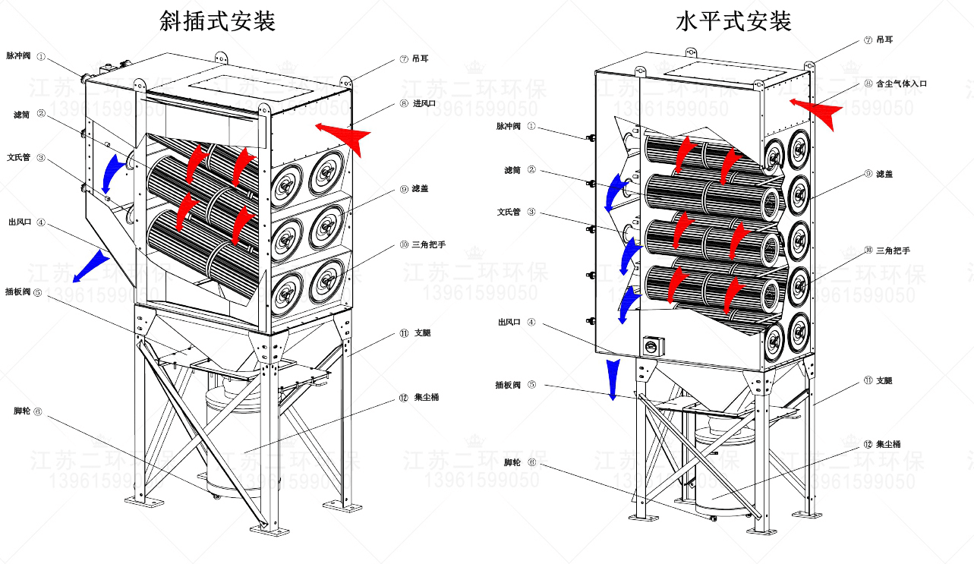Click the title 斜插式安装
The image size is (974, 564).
[x=217, y=20]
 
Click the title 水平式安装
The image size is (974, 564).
[x=733, y=20]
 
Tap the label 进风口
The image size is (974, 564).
[x=424, y=103]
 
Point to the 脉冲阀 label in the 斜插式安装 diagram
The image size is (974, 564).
[x=18, y=55]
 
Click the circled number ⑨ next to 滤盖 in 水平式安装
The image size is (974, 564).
[x=868, y=174]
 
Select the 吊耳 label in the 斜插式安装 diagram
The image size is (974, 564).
[x=420, y=58]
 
